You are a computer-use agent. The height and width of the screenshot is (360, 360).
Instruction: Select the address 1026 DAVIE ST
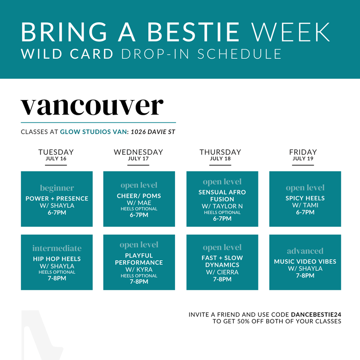[x=153, y=132]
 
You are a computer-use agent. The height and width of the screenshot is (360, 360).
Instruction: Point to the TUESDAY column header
[x=56, y=152]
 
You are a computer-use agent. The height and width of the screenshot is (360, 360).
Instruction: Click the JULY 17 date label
[x=138, y=159]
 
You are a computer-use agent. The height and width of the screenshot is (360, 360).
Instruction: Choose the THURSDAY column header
[x=220, y=152]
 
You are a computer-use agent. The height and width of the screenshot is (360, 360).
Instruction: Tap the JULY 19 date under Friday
[x=303, y=159]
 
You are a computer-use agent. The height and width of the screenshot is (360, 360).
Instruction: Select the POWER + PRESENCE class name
[x=57, y=199]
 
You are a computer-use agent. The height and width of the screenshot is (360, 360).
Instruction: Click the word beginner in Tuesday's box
[x=57, y=188]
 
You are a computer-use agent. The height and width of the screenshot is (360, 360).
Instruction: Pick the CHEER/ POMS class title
[x=139, y=196]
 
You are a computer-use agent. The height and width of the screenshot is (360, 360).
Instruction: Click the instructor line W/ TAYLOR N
[x=222, y=206]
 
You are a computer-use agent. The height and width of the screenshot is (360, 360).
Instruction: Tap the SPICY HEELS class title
[x=305, y=198]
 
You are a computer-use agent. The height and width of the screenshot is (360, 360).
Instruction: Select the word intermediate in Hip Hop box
[x=57, y=248]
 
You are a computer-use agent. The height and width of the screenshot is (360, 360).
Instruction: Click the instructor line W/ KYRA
[x=139, y=270]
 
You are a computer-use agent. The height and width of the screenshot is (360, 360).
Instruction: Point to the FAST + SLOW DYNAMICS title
[x=222, y=261]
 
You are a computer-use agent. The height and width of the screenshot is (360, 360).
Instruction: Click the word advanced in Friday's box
[x=305, y=251]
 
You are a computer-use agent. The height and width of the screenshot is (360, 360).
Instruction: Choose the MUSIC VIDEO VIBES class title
[x=305, y=262]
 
